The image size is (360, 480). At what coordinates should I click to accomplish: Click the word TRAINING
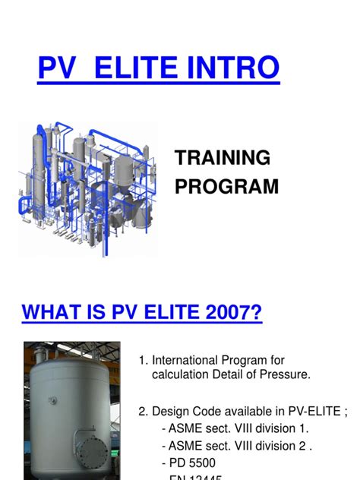[x=223, y=158]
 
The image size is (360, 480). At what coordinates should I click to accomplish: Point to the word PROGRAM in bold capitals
[x=227, y=186]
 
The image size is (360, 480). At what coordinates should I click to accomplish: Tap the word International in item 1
[x=185, y=360]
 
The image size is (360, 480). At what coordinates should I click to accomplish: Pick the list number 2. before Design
[x=143, y=412]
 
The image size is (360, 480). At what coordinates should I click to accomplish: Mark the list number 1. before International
[x=143, y=360]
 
